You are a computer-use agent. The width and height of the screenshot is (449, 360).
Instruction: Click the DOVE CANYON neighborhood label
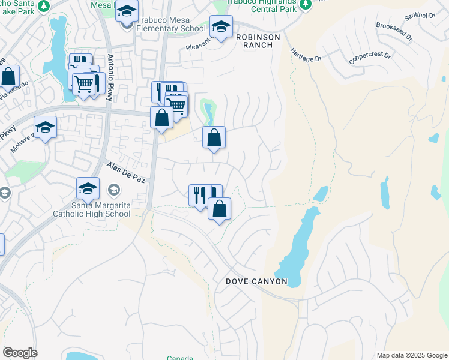click(x=256, y=281)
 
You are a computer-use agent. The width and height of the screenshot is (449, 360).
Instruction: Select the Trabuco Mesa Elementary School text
click(x=171, y=28)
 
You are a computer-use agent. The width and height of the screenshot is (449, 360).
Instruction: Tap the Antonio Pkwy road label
click(x=110, y=78)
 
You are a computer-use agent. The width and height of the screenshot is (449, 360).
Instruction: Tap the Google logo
click(x=20, y=353)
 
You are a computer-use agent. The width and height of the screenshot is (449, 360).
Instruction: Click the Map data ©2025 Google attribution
click(x=412, y=355)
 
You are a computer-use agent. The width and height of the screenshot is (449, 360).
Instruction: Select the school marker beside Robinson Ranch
click(x=221, y=27)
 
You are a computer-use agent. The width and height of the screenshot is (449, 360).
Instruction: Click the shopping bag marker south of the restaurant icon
click(x=220, y=209)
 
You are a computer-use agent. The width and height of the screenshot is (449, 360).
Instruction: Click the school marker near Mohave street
click(x=45, y=128)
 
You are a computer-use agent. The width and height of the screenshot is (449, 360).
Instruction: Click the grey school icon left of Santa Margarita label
click(x=5, y=193)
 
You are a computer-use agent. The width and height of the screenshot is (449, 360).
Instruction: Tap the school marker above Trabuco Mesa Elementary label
click(x=127, y=11)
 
